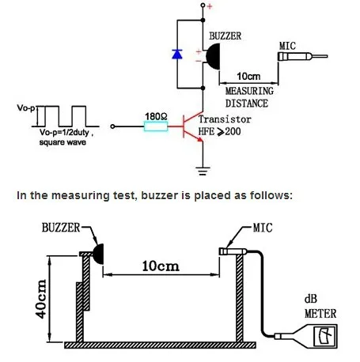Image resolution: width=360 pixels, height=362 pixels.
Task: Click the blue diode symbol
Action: pos(177,54)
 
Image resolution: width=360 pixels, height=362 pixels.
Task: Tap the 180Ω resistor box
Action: pos(156,126)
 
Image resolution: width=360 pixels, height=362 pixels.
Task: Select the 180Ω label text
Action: pos(156,116)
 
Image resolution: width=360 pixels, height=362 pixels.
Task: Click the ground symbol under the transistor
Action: pos(203,171)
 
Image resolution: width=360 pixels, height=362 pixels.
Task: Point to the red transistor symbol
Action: pos(192,126)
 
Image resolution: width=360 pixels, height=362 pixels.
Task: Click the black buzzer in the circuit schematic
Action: pos(213,56)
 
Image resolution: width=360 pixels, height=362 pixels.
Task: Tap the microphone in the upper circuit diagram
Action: pos(302,56)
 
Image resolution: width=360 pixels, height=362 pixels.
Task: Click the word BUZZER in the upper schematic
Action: pos(225,36)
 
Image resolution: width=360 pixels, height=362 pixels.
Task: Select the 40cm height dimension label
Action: pos(40,299)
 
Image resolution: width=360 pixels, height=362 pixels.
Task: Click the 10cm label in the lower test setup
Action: pos(161,266)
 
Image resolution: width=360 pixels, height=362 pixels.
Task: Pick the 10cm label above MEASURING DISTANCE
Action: pos(248,77)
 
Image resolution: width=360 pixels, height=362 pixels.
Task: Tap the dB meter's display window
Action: pos(325,336)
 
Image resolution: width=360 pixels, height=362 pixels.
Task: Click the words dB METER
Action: pos(320,307)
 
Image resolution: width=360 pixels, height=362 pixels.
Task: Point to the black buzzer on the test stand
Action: pos(99,254)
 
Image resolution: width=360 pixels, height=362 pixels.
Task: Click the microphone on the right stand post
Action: pos(233,251)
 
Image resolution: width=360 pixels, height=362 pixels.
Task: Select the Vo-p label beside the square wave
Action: pos(26,107)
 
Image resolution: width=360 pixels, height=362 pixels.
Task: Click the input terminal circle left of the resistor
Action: pos(112,126)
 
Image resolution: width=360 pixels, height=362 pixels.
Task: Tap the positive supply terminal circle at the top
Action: pos(203,5)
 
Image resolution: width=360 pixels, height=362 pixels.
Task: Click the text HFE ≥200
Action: pos(220,131)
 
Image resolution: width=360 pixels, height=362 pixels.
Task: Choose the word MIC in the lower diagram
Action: pos(263,228)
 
